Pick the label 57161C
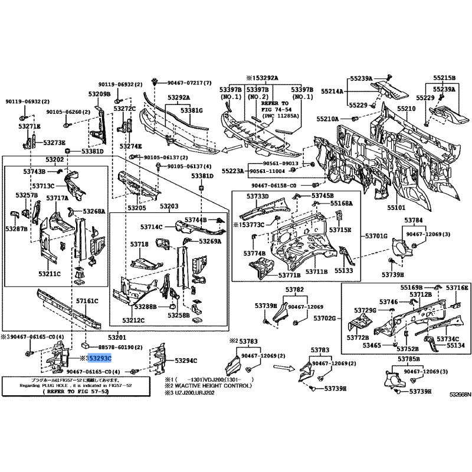[87, 301]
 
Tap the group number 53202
[55, 160]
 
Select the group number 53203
[169, 206]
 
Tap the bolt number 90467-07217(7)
[189, 83]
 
